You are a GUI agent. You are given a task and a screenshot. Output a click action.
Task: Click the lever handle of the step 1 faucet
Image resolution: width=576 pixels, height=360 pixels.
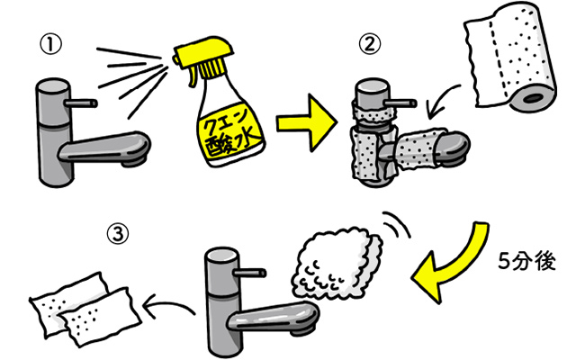point(84,103)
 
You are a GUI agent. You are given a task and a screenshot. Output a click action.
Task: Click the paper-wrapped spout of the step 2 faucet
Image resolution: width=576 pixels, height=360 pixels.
point(422,149)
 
